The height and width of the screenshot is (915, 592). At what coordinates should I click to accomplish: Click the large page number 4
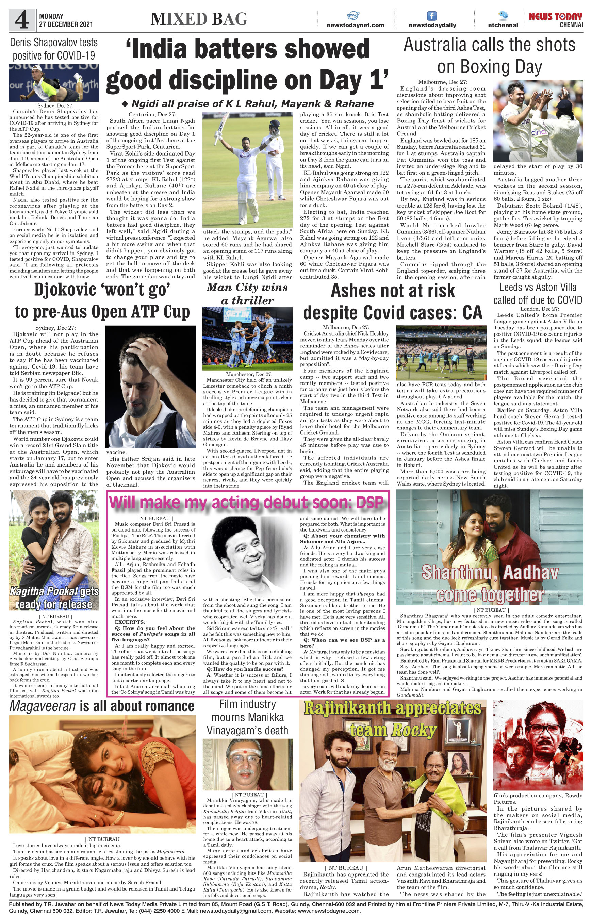[x=22, y=21]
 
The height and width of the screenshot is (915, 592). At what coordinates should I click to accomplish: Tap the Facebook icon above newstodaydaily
[x=432, y=16]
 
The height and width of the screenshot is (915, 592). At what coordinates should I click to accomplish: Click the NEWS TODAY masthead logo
[x=556, y=17]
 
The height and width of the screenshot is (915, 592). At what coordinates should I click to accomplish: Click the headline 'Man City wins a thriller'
[x=247, y=294]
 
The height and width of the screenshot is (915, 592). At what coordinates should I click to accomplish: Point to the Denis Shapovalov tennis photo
[x=54, y=83]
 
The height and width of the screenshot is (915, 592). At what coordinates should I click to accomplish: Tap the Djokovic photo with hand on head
[x=150, y=386]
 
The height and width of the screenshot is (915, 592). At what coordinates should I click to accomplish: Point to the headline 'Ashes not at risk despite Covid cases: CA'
[x=393, y=301]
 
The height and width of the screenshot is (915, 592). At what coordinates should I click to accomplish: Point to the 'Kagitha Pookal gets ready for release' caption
[x=54, y=598]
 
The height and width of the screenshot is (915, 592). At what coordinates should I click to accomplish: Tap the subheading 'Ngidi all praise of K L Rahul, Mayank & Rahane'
[x=248, y=104]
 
